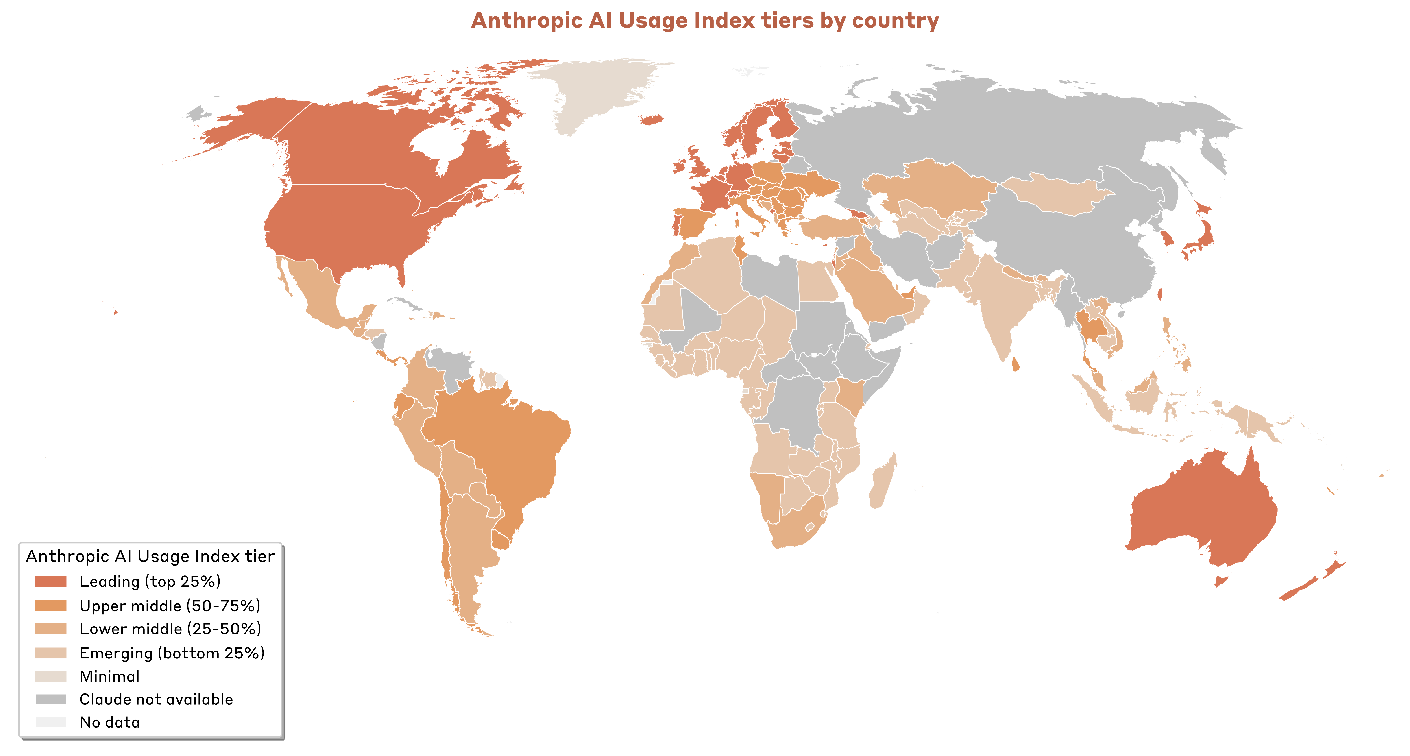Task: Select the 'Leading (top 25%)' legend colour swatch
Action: (51, 581)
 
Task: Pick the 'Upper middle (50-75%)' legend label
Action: (170, 606)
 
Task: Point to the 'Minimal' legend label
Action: (109, 677)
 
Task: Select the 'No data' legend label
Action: (109, 723)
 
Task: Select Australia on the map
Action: (1204, 509)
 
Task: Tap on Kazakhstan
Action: (931, 186)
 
